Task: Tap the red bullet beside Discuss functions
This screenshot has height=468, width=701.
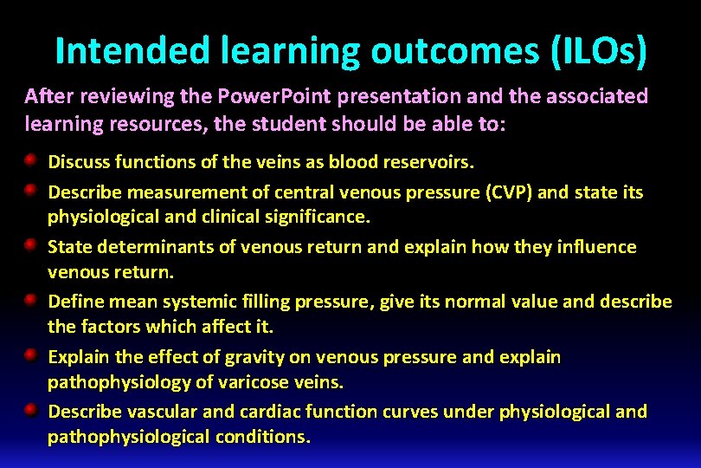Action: tap(30, 160)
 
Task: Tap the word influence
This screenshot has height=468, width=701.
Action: tap(595, 247)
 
